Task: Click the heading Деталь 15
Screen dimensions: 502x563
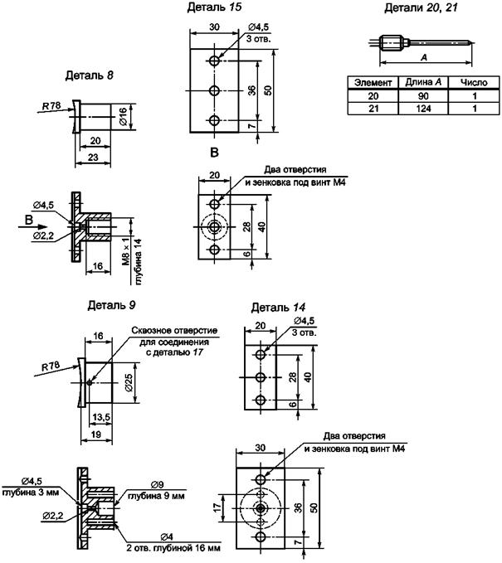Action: pyautogui.click(x=214, y=7)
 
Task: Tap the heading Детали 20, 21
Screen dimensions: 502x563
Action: pyautogui.click(x=421, y=7)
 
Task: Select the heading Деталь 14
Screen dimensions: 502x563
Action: pyautogui.click(x=278, y=308)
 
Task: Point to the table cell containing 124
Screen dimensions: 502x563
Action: pyautogui.click(x=423, y=109)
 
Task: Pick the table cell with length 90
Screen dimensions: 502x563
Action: pyautogui.click(x=423, y=96)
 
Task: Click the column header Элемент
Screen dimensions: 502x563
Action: pyautogui.click(x=373, y=83)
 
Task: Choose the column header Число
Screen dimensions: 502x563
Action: pyautogui.click(x=474, y=83)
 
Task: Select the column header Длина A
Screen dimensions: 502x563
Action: pyautogui.click(x=423, y=82)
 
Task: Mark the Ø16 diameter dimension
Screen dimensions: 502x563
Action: pyautogui.click(x=124, y=117)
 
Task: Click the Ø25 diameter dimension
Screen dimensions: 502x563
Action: pyautogui.click(x=129, y=383)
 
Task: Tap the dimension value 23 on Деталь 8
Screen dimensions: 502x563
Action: pyautogui.click(x=93, y=157)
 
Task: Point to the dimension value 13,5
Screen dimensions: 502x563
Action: pyautogui.click(x=101, y=417)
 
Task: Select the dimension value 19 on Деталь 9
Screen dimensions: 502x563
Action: pyautogui.click(x=96, y=434)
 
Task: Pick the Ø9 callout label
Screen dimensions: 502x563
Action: pyautogui.click(x=158, y=485)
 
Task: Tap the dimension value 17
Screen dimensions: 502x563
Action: pyautogui.click(x=217, y=507)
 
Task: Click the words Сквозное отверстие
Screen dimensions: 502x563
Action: pyautogui.click(x=174, y=330)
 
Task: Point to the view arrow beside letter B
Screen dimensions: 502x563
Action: pyautogui.click(x=32, y=227)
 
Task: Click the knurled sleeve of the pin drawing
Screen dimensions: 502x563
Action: pyautogui.click(x=391, y=43)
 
